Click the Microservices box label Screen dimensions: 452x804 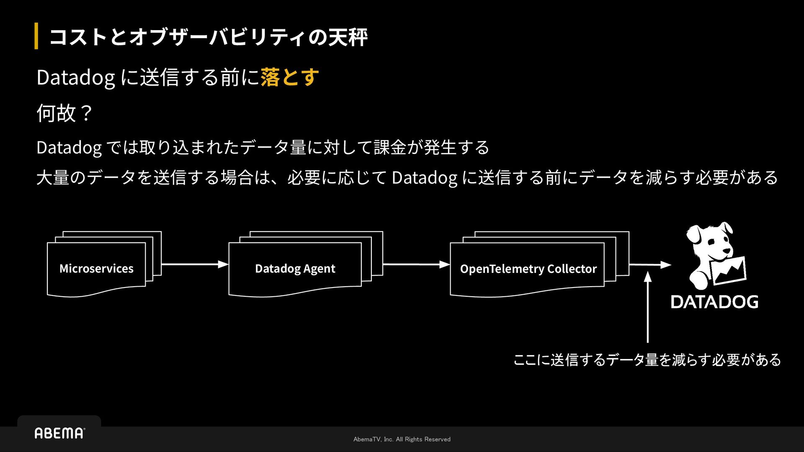pos(96,268)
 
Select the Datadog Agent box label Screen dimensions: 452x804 pos(295,268)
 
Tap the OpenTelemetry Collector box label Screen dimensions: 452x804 pos(528,268)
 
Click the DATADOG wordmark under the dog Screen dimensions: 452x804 pos(714,302)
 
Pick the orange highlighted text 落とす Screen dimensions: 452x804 pos(290,77)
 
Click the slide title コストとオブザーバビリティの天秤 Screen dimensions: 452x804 pos(209,37)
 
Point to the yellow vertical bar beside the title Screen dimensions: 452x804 pos(36,36)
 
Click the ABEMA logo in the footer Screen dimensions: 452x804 pos(59,433)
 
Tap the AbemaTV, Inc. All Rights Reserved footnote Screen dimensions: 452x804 pos(402,439)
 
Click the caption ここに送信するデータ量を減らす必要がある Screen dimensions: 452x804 pos(647,360)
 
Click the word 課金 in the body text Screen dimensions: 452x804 pos(390,147)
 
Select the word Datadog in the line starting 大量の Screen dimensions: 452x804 pos(424,177)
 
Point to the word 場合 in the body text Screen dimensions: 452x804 pos(237,177)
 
